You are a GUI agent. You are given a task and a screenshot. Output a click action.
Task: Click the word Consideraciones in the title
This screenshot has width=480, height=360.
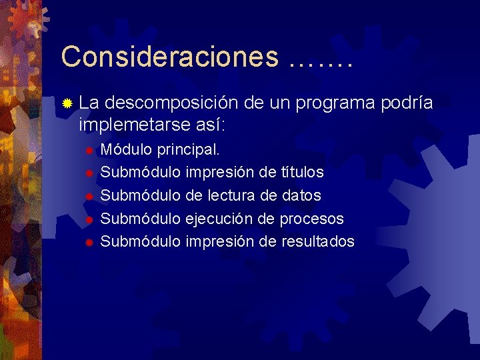(169, 57)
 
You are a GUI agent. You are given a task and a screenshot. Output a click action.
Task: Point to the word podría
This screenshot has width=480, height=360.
(407, 103)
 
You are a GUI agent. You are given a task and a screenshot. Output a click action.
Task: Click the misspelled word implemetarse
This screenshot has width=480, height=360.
(133, 125)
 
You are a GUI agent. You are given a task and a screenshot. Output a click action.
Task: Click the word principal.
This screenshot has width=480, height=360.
(193, 149)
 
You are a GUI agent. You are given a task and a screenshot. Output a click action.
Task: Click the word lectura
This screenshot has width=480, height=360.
(234, 195)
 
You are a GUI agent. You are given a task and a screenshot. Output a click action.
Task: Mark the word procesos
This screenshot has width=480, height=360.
(311, 219)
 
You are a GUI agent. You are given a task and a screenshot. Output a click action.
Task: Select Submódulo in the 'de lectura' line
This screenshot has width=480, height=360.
(140, 195)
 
